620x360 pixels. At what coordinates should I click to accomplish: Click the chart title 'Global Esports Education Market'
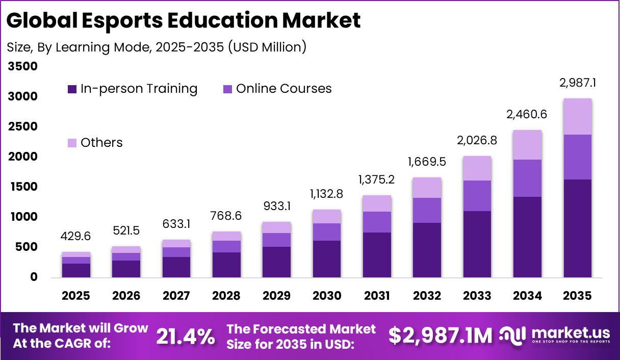184,20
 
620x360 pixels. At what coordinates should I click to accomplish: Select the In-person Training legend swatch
72,89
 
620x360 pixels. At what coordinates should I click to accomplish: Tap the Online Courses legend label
283,89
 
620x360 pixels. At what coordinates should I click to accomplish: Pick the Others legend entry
101,142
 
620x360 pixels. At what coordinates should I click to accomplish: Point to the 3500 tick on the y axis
23,66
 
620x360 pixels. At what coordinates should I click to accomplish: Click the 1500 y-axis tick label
23,187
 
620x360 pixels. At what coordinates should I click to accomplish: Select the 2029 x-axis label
276,296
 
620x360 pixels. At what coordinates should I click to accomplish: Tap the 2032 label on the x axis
427,296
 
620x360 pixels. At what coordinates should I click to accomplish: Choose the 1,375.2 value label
377,179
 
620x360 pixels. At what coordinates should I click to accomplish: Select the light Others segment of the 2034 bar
527,145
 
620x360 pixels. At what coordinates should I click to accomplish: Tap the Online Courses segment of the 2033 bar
477,196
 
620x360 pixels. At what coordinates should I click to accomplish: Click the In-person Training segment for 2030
327,259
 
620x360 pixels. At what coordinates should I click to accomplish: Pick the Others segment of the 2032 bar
427,188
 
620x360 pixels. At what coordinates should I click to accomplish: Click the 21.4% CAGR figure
186,336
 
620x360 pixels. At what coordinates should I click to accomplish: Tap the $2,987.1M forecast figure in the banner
441,336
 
